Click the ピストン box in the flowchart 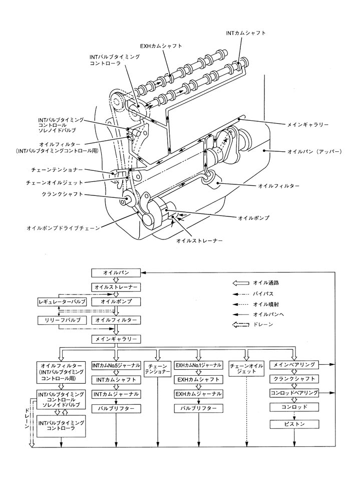294,424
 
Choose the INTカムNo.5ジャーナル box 116,366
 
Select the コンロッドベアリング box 294,393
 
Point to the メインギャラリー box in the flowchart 116,339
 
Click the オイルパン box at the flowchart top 116,273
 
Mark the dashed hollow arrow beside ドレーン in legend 241,325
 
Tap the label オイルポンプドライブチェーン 63,227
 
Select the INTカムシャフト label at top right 245,33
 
